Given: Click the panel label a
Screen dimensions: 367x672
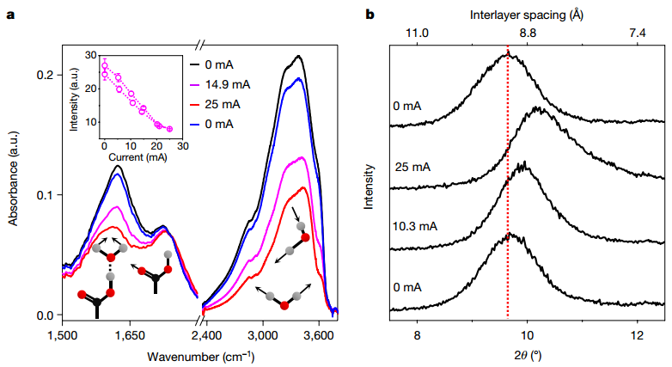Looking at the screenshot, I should [x=11, y=15].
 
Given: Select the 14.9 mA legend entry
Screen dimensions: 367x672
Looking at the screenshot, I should [x=225, y=84].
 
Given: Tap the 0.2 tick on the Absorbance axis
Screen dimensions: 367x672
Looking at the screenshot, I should [x=40, y=76].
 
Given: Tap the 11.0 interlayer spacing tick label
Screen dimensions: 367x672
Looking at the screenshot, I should [x=417, y=34].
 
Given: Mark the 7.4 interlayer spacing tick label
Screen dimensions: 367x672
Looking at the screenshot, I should [x=637, y=34].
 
